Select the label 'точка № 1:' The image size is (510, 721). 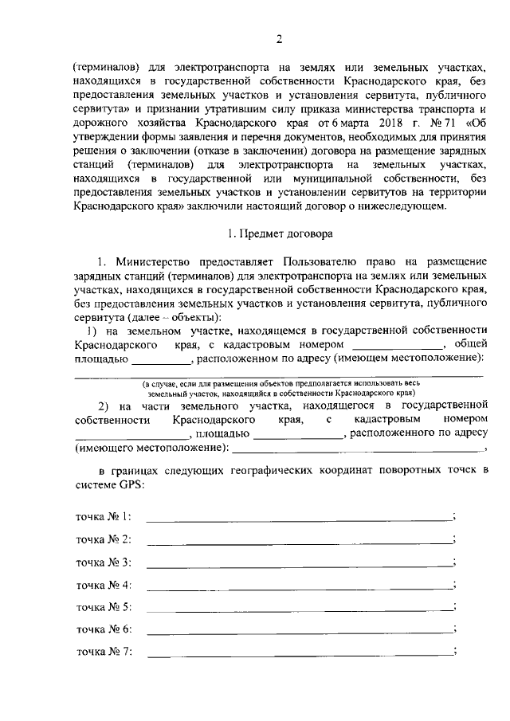(x=104, y=517)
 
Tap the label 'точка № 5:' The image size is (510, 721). (x=104, y=607)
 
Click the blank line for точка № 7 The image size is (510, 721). (x=299, y=653)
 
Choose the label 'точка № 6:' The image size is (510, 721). (x=104, y=629)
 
